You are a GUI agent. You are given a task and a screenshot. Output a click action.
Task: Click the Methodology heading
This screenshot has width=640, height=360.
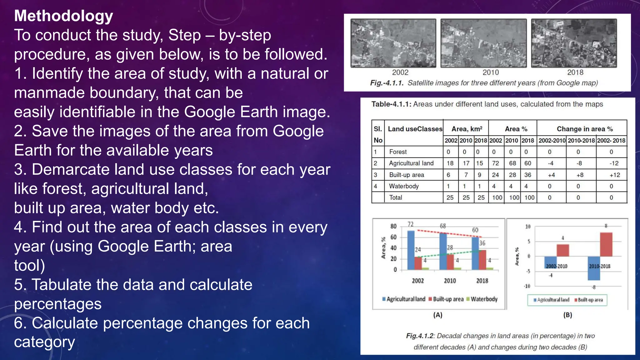click(x=63, y=16)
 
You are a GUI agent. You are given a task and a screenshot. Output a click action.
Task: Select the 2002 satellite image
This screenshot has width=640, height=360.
click(x=393, y=43)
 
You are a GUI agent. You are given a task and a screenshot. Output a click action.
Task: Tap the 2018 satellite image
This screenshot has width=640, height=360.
click(x=574, y=43)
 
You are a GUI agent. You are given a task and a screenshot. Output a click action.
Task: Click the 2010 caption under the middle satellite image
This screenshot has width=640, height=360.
click(x=491, y=72)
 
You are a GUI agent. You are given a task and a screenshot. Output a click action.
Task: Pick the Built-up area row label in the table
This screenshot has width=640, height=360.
click(x=406, y=175)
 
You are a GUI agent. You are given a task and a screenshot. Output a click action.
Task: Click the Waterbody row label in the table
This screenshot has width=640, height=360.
click(x=404, y=186)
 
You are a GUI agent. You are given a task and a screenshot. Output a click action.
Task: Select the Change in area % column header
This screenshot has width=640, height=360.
click(x=584, y=129)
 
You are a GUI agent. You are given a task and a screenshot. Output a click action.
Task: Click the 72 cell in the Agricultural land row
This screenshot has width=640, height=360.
click(x=495, y=163)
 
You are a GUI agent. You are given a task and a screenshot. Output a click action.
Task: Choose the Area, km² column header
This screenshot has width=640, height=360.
click(x=467, y=129)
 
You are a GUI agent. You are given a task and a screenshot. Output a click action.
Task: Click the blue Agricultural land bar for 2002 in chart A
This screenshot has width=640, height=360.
click(x=411, y=250)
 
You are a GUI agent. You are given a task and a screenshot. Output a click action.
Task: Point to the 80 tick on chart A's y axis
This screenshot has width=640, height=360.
click(x=393, y=226)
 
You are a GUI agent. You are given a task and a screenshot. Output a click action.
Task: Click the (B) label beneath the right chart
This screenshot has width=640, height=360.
click(x=567, y=315)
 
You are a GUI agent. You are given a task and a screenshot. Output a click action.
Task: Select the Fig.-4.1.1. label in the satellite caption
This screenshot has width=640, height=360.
click(x=387, y=83)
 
